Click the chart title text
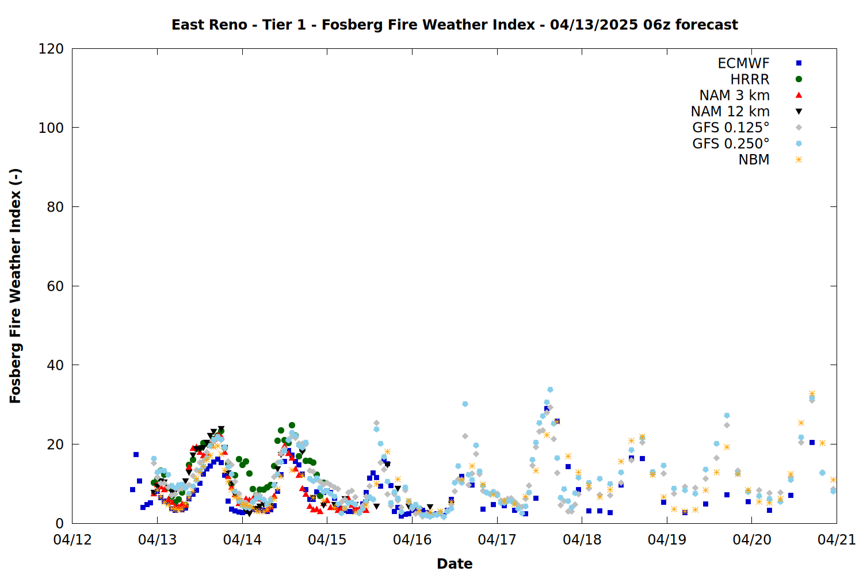[x=455, y=25]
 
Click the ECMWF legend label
[x=743, y=63]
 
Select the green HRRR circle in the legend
[x=799, y=79]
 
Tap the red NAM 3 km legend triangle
[x=799, y=95]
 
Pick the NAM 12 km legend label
[x=730, y=112]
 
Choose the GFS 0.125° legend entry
[x=731, y=128]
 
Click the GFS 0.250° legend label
[x=731, y=144]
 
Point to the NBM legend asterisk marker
[x=799, y=159]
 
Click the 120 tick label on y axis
[x=51, y=49]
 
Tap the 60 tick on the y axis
[x=55, y=286]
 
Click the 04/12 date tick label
[x=72, y=539]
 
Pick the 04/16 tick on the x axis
[x=413, y=539]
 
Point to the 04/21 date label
[x=837, y=539]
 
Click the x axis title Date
[x=455, y=564]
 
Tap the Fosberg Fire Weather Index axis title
[x=15, y=286]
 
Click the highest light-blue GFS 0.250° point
[x=550, y=390]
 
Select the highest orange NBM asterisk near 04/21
[x=812, y=394]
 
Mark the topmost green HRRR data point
[x=292, y=425]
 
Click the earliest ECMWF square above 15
[x=136, y=454]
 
